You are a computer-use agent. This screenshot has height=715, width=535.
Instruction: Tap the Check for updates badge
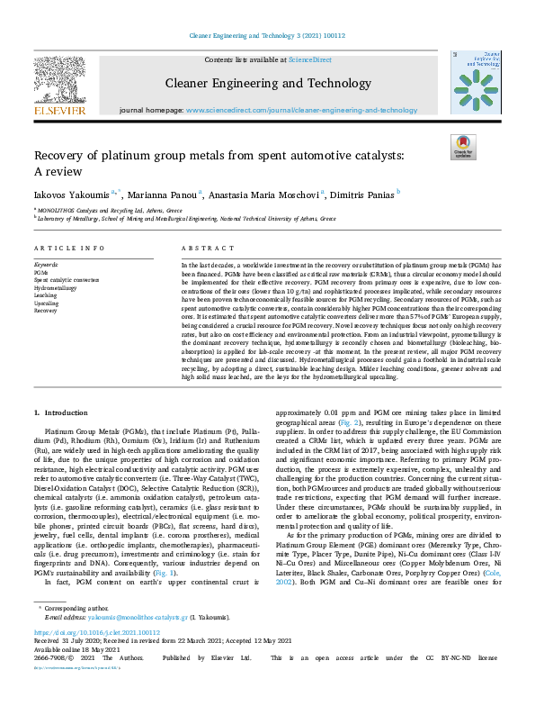(x=464, y=148)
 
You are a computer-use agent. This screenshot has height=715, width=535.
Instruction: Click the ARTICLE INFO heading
(x=61, y=248)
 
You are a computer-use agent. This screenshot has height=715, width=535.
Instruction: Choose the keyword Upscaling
(x=46, y=302)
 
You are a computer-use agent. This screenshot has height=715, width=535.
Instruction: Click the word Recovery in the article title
(x=62, y=156)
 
